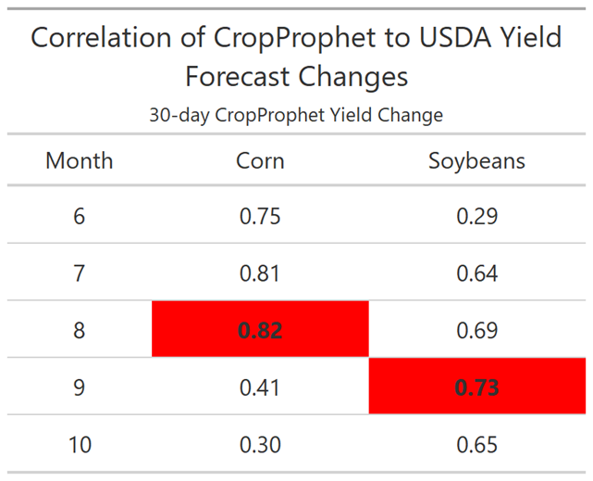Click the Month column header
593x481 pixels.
79,160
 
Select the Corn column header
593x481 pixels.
260,160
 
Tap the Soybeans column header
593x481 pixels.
476,161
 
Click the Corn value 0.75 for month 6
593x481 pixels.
260,216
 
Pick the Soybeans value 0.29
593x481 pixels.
476,216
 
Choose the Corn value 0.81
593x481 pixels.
260,273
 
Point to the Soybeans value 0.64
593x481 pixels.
476,273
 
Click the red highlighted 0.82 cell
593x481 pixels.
260,329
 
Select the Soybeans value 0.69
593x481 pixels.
476,330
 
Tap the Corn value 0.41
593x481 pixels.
260,387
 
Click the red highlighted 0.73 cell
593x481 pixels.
477,386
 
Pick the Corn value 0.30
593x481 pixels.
260,445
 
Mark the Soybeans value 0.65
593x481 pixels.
476,445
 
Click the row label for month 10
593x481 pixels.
80,445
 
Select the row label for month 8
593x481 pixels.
79,330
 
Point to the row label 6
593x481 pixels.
79,216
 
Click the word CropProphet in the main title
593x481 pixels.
295,39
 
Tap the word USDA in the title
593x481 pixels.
456,37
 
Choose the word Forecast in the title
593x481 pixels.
237,76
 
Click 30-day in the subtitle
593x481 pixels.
179,115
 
